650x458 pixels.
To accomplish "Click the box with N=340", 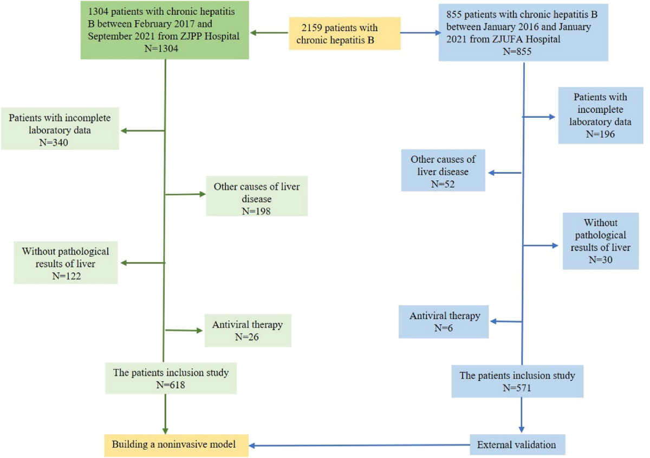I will (x=60, y=129).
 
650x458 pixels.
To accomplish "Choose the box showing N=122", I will (x=66, y=263).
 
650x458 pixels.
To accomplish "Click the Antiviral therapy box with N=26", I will (x=248, y=330).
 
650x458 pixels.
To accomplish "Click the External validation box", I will (x=517, y=445).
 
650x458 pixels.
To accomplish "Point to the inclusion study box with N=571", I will (x=517, y=381).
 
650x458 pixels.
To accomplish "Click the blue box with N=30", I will (x=600, y=240).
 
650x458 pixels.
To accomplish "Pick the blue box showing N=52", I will (x=443, y=171).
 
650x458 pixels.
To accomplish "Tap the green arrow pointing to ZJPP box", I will (x=269, y=34).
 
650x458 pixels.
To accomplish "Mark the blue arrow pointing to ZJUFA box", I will (x=420, y=34).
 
